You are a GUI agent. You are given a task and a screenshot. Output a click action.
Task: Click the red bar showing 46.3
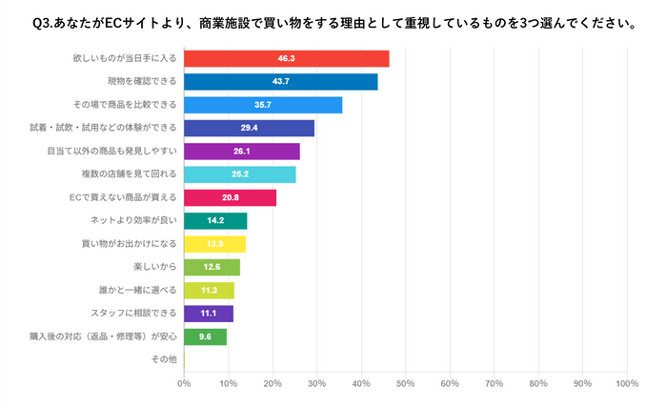pyautogui.click(x=286, y=59)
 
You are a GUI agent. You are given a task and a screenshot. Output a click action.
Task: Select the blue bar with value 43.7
pyautogui.click(x=280, y=82)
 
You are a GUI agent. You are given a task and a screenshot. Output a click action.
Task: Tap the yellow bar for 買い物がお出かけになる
pyautogui.click(x=214, y=244)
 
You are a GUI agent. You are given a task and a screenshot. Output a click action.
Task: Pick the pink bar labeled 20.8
pyautogui.click(x=230, y=198)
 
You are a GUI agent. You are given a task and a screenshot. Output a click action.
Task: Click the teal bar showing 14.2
pyautogui.click(x=215, y=221)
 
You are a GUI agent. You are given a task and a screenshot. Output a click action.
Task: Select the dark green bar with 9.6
pyautogui.click(x=205, y=337)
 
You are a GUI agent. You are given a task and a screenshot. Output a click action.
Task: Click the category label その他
pyautogui.click(x=164, y=359)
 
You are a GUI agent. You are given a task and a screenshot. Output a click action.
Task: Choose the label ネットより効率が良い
pyautogui.click(x=134, y=221)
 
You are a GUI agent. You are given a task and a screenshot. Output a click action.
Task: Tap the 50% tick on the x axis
pyautogui.click(x=405, y=384)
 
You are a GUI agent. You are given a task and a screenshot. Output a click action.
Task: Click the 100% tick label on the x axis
pyautogui.click(x=626, y=384)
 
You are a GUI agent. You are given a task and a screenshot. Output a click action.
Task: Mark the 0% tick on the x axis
pyautogui.click(x=184, y=384)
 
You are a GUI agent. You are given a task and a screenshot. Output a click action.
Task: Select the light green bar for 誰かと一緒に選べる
pyautogui.click(x=209, y=291)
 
